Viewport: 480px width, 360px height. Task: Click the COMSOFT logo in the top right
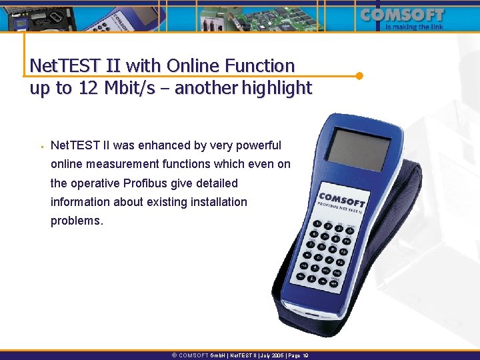(x=402, y=14)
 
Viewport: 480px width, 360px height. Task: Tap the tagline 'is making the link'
(x=415, y=27)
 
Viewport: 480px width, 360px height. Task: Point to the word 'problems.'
(x=77, y=221)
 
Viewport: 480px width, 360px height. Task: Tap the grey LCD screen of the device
(x=361, y=150)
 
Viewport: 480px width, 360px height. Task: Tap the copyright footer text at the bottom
(x=240, y=355)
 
